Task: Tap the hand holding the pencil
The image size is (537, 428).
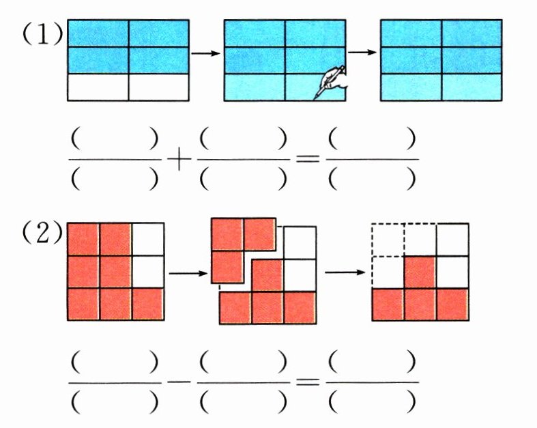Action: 334,76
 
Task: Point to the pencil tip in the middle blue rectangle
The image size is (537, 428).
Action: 316,98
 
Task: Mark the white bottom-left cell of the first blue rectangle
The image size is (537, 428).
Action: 98,87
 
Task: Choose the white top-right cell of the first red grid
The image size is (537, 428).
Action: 147,239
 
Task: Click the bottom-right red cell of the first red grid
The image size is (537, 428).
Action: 147,304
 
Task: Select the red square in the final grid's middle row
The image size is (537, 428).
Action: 420,272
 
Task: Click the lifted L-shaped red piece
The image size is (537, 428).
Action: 235,242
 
